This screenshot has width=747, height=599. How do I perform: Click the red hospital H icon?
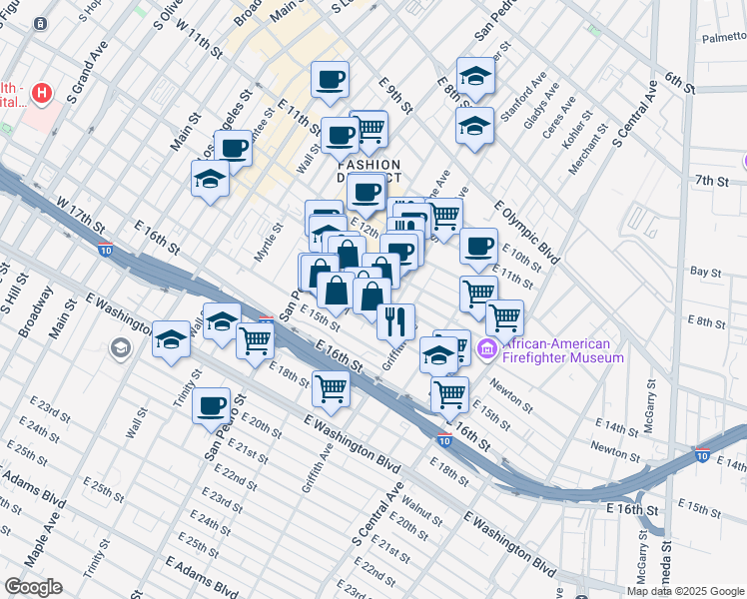41,95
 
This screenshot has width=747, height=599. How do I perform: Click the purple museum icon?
487,349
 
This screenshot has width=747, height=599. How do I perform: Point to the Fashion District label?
369,172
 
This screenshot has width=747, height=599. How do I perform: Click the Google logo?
33,587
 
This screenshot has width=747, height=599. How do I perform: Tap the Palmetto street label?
723,38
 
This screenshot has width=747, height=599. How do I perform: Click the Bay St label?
705,271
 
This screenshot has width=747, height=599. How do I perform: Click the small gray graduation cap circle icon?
121,348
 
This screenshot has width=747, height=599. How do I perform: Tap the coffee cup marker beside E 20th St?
212,405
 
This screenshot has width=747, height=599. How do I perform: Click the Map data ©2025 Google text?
685,591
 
